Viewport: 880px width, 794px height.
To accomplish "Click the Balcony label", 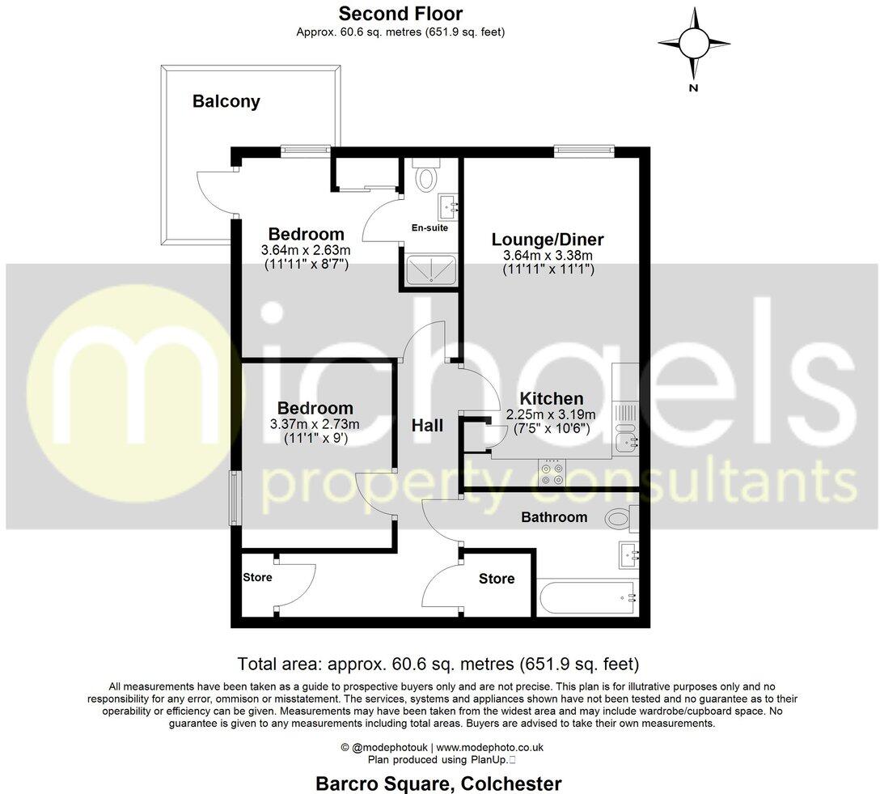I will click(x=226, y=102).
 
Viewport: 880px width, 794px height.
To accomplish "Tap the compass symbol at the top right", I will click(x=693, y=43).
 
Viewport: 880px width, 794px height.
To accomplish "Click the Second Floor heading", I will click(x=400, y=14).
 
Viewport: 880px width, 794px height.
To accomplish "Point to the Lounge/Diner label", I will click(x=548, y=240).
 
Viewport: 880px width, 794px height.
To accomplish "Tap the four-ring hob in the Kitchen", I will click(x=552, y=472).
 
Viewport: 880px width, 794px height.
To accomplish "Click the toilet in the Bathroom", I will click(x=623, y=516).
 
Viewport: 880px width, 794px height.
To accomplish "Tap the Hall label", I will click(x=427, y=425).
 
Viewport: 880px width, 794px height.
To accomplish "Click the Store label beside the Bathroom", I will click(x=497, y=579).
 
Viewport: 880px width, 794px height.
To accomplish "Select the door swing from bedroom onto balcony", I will click(x=217, y=192).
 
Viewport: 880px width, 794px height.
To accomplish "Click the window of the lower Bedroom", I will click(x=234, y=498).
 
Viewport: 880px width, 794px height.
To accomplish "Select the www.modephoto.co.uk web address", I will click(x=490, y=748).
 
